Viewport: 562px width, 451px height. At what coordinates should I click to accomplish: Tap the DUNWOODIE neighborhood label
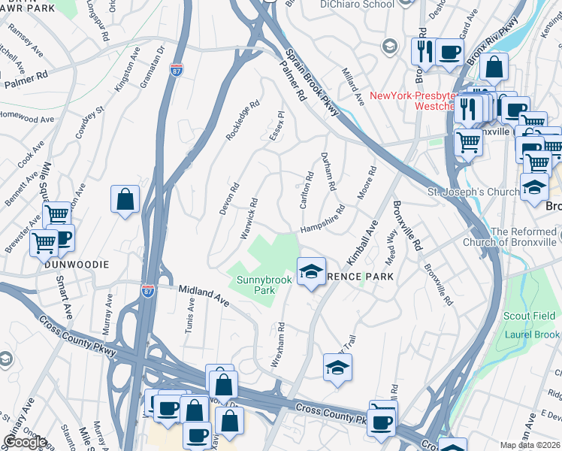click(x=76, y=265)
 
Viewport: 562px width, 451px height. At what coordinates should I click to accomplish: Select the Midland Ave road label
click(x=204, y=294)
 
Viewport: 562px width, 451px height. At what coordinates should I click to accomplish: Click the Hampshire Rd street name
click(x=322, y=219)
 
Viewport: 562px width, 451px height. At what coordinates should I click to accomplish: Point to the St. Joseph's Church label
click(x=472, y=192)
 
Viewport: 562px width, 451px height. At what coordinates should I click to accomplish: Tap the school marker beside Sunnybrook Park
click(x=311, y=271)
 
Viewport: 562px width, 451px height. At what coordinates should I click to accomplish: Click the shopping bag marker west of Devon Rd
click(x=125, y=200)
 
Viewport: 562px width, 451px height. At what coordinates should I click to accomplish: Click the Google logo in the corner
click(x=25, y=442)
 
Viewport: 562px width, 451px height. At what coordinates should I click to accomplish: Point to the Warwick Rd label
click(x=249, y=219)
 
